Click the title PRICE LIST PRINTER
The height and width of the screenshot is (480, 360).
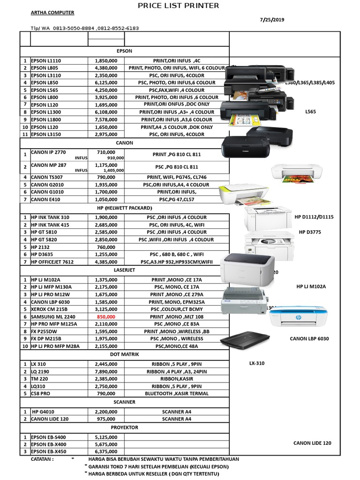[x=178, y=6]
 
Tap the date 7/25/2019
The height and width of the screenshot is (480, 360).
[x=272, y=20]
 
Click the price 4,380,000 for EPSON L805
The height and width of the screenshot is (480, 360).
[x=106, y=68]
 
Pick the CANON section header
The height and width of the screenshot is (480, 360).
[x=124, y=142]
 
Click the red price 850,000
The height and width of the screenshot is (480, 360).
[x=106, y=317]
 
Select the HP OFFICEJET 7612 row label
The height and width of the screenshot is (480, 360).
[x=54, y=262]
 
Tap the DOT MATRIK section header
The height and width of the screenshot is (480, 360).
[x=124, y=354]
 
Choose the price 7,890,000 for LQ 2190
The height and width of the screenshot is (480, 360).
[x=106, y=371]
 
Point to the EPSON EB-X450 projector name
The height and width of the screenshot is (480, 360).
[x=49, y=451]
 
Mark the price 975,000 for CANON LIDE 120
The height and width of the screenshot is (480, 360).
[x=106, y=419]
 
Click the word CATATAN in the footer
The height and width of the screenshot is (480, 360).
[x=42, y=459]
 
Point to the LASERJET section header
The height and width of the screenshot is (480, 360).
[x=124, y=270]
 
